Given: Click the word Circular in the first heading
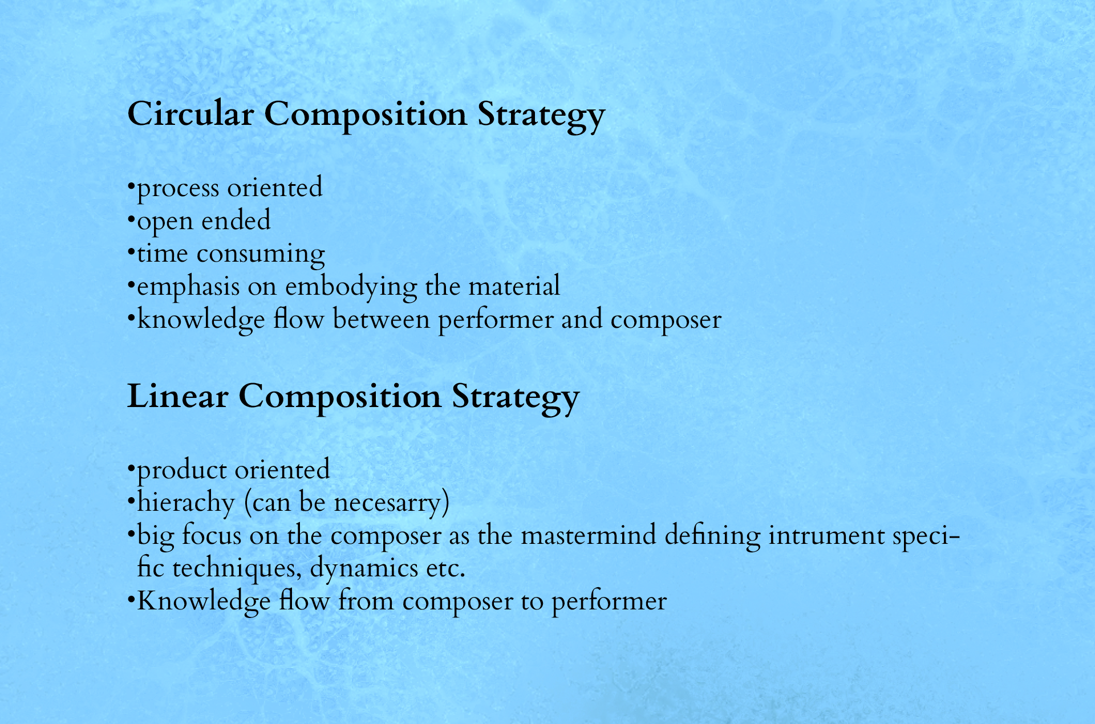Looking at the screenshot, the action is pos(190,113).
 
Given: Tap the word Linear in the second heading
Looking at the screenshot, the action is pos(177,396).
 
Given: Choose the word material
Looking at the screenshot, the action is pos(514,286).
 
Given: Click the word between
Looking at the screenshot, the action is pos(381,319).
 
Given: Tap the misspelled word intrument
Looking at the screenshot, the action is pos(826,536).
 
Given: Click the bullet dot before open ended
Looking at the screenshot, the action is pos(131,217).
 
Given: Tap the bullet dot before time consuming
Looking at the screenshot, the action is pos(131,250).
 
